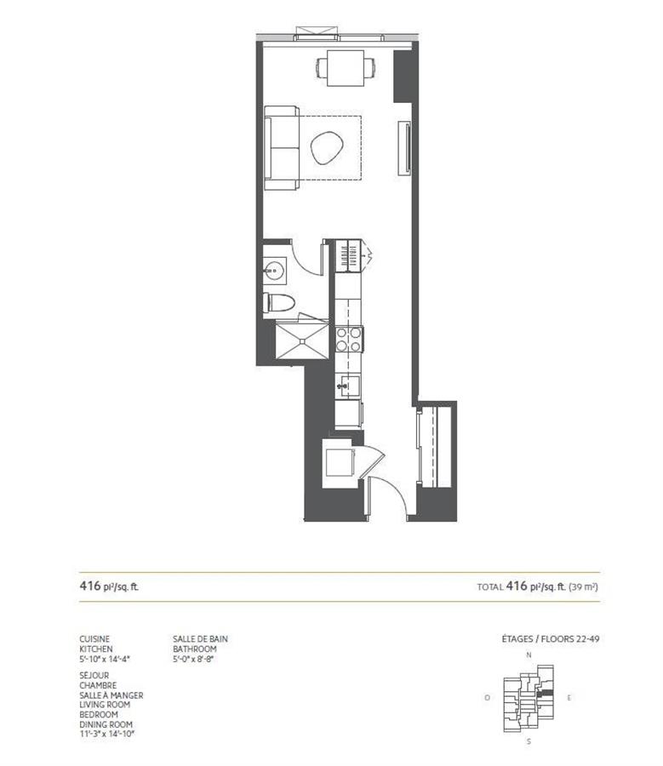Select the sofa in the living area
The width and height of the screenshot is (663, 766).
[281, 147]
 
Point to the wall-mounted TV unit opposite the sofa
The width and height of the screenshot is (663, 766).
[406, 148]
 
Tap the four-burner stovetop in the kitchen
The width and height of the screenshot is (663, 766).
[349, 340]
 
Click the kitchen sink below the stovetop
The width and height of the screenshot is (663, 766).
[346, 385]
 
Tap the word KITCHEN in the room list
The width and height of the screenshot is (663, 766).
[96, 649]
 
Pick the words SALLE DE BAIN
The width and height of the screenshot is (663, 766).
[200, 638]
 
